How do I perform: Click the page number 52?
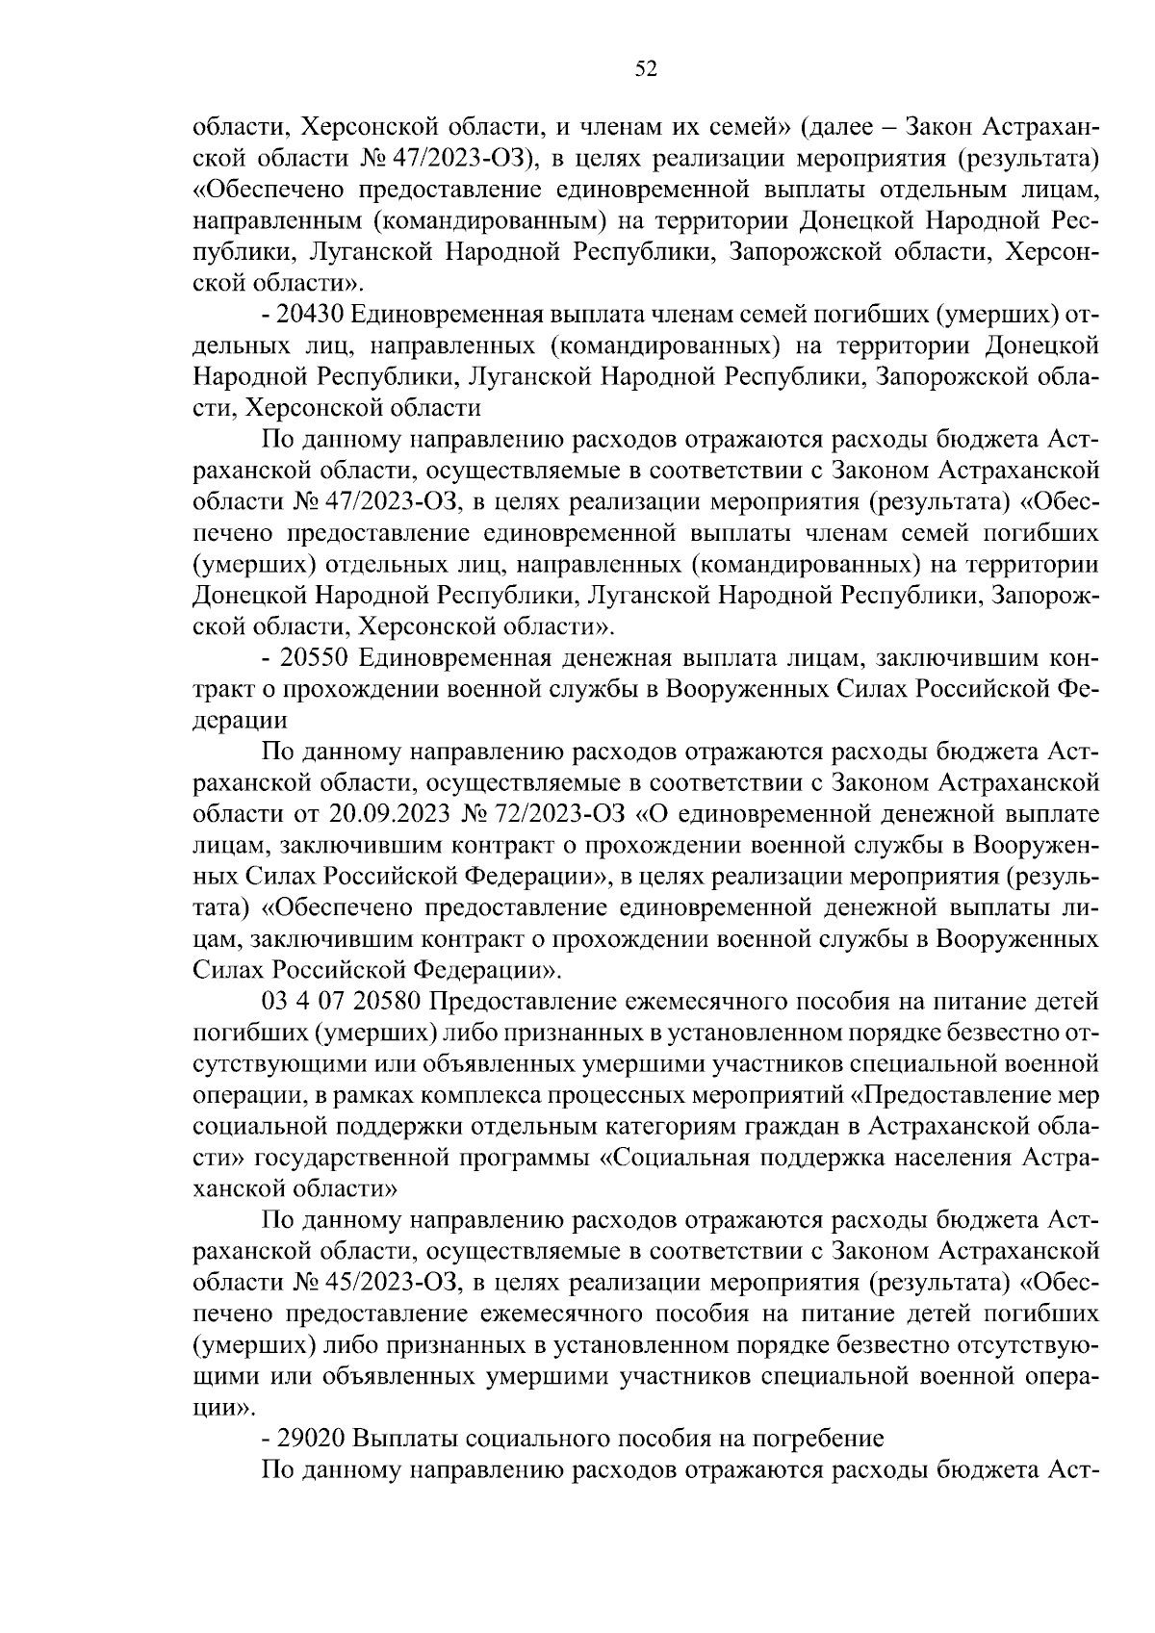click(646, 67)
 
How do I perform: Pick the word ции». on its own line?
click(224, 1407)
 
